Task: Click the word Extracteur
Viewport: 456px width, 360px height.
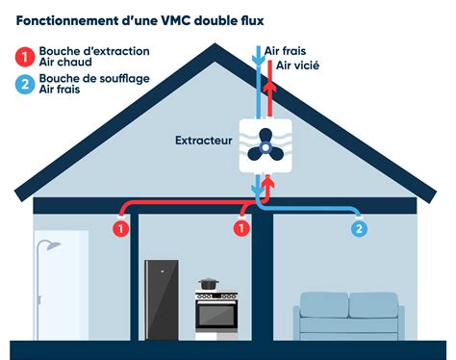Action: click(203, 141)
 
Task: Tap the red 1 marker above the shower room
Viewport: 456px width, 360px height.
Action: click(120, 228)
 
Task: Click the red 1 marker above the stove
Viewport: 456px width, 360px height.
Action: click(241, 228)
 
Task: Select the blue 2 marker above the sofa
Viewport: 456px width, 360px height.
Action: click(359, 228)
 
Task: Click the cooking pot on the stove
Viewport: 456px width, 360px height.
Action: click(207, 285)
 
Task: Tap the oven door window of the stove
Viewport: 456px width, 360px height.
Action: click(215, 315)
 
